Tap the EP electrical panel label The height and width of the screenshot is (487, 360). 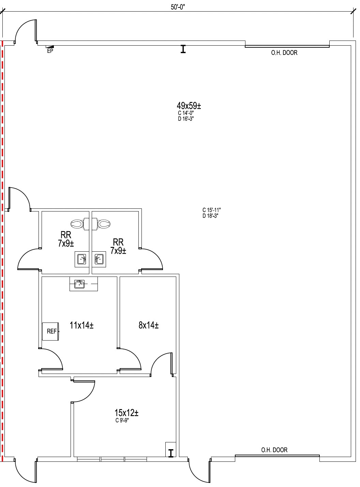pyautogui.click(x=50, y=51)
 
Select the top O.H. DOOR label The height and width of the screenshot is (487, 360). pyautogui.click(x=284, y=53)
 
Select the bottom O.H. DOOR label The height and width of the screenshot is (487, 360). pyautogui.click(x=274, y=450)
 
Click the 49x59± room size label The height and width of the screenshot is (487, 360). pyautogui.click(x=189, y=106)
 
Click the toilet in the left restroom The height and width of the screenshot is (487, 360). pyautogui.click(x=78, y=224)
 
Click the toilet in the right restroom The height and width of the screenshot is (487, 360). pyautogui.click(x=103, y=224)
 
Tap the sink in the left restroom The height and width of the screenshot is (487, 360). pyautogui.click(x=81, y=259)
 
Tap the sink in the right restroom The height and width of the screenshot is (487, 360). pyautogui.click(x=99, y=259)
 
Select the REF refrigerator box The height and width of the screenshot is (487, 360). pyautogui.click(x=50, y=331)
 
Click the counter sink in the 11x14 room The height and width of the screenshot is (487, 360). pyautogui.click(x=79, y=283)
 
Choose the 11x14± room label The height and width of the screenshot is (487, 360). pyautogui.click(x=81, y=326)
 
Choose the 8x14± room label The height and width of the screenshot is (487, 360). pyautogui.click(x=148, y=326)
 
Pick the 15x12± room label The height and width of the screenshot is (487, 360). pyautogui.click(x=126, y=413)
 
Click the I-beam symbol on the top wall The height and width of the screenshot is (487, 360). pyautogui.click(x=183, y=49)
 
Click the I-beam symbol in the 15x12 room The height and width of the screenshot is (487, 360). pyautogui.click(x=171, y=453)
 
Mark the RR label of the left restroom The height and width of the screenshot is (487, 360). pyautogui.click(x=66, y=235)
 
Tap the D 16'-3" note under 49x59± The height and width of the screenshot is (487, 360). pyautogui.click(x=186, y=119)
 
